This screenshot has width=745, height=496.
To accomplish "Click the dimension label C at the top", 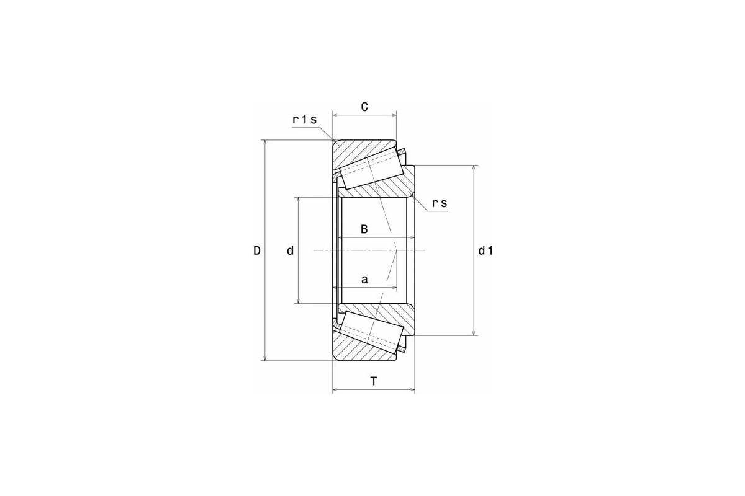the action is point(364,107).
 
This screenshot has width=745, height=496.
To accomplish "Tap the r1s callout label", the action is point(305,120).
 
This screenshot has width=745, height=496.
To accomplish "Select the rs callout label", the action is point(440,203).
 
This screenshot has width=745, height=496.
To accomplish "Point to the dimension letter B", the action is point(364,229).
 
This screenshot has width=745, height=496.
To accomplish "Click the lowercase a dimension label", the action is point(364,280).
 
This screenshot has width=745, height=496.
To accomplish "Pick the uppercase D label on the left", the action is point(257,250).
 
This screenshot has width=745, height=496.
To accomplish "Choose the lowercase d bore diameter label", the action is point(291,250).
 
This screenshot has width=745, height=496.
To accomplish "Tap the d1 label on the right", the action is point(485,251).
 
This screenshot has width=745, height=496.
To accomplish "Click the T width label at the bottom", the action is point(374,381).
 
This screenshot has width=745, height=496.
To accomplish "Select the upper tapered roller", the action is point(372,172).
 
